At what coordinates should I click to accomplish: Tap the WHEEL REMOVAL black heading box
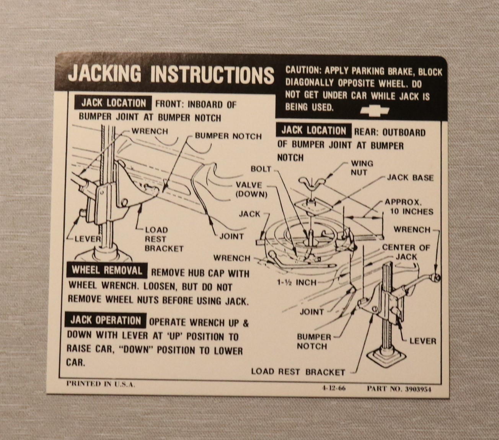pos(107,271)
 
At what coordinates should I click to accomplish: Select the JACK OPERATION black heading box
pos(106,320)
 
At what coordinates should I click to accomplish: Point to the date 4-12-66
pos(334,388)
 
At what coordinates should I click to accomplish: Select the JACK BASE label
pos(410,178)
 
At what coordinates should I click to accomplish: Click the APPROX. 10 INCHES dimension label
pos(409,207)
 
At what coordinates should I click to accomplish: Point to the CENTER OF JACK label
pos(406,252)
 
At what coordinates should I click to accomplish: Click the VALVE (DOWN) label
pos(251,190)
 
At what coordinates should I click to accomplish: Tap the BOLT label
pos(261,169)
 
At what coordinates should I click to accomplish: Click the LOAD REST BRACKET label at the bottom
pos(298,372)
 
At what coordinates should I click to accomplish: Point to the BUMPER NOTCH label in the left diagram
pos(228,136)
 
